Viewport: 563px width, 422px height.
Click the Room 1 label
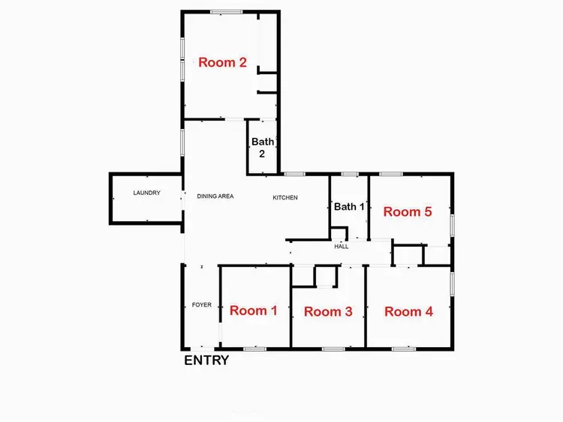253,310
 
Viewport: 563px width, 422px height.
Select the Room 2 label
222,63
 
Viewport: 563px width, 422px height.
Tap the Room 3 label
328,312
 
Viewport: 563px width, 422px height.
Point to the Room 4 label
408,312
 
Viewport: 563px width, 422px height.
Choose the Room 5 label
408,212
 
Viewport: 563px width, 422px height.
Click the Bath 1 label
349,207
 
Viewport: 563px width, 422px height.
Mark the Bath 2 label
263,148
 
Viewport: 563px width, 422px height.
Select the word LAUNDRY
147,193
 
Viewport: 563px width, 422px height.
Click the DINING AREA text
215,196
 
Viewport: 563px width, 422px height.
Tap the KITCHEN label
285,198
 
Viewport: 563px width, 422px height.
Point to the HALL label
342,246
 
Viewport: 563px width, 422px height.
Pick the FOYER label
201,305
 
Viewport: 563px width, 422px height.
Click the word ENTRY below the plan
206,361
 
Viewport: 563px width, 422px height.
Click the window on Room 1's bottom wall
254,349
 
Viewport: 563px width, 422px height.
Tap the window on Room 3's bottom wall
333,349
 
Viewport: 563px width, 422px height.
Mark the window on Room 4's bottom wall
404,349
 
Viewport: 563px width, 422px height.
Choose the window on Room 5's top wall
391,175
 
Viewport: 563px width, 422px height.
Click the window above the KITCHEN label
295,175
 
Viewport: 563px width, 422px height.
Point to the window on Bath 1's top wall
348,175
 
